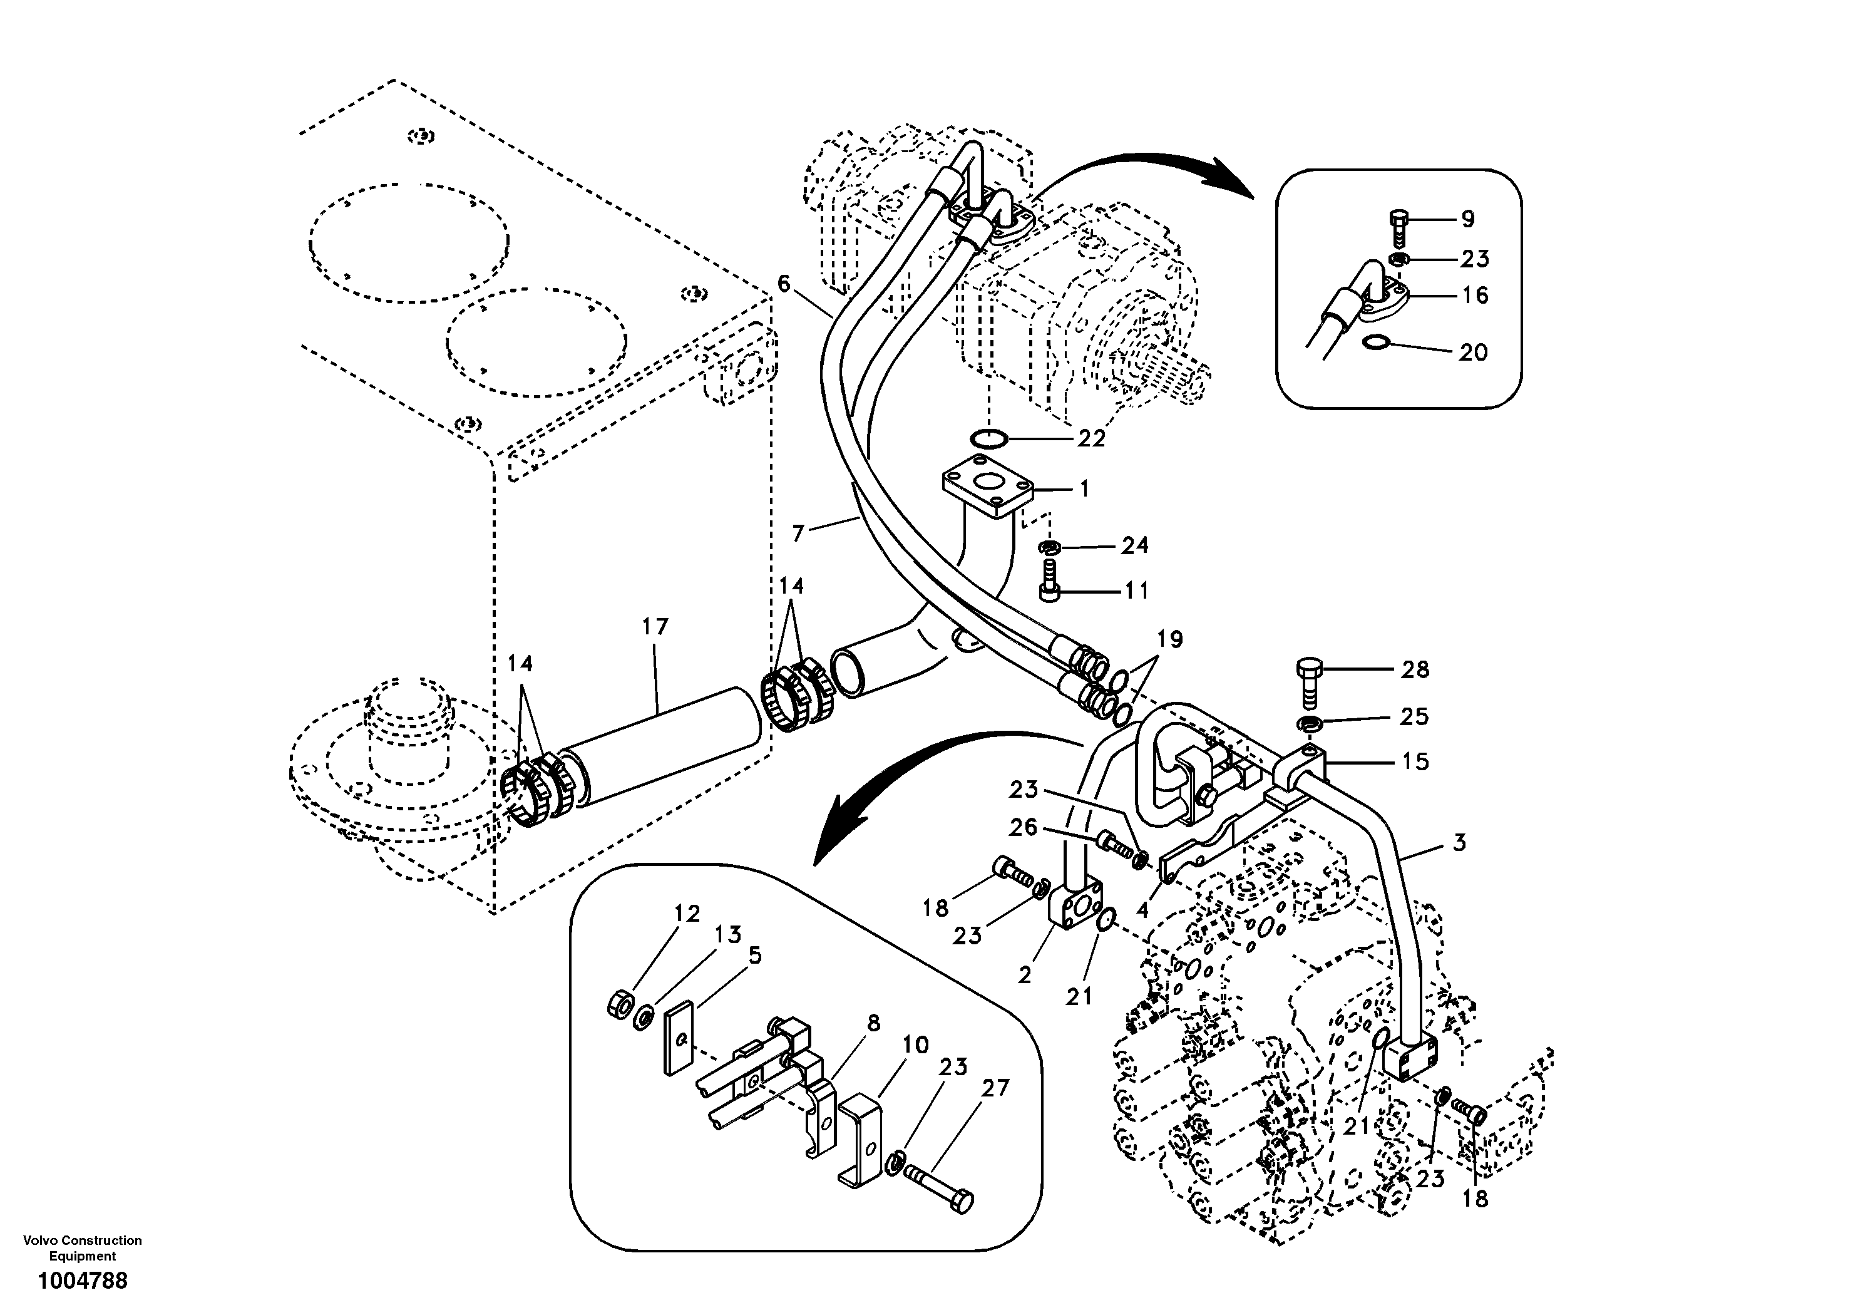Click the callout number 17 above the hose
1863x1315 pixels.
(655, 627)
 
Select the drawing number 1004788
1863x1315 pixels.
(82, 1282)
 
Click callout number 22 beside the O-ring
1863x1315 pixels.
(1091, 438)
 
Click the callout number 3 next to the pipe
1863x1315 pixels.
(1459, 843)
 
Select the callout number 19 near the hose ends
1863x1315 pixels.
(1169, 639)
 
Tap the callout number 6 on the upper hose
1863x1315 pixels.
(784, 283)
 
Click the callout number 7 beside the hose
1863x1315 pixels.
(798, 534)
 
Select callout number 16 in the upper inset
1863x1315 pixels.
(1474, 296)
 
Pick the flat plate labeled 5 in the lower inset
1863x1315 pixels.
(679, 1040)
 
